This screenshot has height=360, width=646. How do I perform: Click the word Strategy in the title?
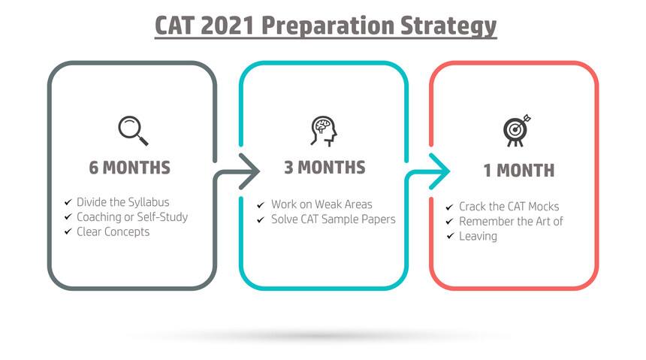click(x=448, y=26)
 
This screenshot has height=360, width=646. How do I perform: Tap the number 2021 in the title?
click(x=228, y=26)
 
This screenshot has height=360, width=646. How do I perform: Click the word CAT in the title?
click(x=174, y=26)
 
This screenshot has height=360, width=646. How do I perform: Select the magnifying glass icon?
click(x=133, y=131)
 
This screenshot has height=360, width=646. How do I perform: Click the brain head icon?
click(x=324, y=131)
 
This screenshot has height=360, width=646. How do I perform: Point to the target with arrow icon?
click(x=517, y=130)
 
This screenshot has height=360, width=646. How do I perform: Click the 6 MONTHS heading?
click(x=130, y=168)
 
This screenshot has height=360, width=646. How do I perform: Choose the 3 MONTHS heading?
click(x=325, y=168)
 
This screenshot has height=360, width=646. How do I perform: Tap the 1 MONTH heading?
click(x=519, y=171)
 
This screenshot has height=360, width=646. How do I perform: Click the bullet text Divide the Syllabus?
click(x=122, y=202)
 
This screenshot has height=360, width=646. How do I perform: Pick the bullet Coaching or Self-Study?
click(x=132, y=217)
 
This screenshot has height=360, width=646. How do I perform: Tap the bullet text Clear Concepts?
click(x=113, y=231)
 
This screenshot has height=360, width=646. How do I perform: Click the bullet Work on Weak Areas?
click(x=321, y=204)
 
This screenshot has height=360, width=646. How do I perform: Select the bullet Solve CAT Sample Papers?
click(x=334, y=219)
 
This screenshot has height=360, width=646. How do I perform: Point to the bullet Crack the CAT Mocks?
click(x=509, y=206)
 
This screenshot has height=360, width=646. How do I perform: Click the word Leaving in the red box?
click(x=478, y=236)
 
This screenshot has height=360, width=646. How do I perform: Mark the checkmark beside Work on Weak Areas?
click(x=261, y=205)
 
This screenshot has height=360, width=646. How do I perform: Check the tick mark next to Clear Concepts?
click(x=68, y=231)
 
